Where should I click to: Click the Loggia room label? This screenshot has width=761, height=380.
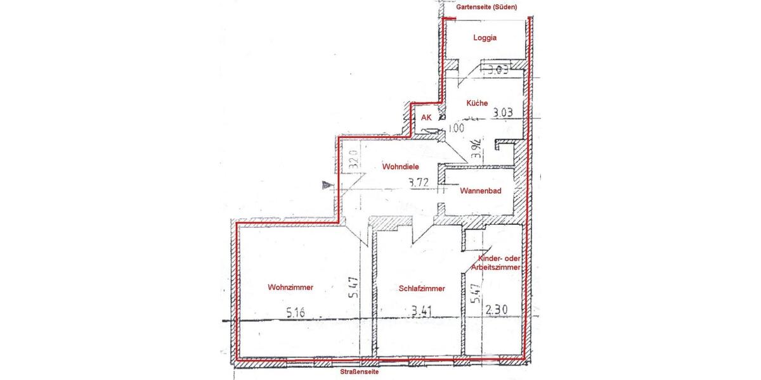pos(485,37)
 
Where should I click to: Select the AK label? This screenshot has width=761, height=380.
pos(426,118)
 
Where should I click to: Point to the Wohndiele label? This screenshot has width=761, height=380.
pos(401,167)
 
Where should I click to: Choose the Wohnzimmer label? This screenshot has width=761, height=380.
pos(290,287)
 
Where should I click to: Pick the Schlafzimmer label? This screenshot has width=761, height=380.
pos(422,288)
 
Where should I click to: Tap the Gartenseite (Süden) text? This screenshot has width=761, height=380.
pos(487,7)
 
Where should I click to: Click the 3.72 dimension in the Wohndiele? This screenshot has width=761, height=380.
pos(420,184)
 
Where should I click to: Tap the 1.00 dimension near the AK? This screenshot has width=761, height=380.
pos(456,127)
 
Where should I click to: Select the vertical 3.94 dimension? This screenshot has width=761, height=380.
pos(476,148)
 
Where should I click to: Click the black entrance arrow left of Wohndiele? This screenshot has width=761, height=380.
pos(328,185)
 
